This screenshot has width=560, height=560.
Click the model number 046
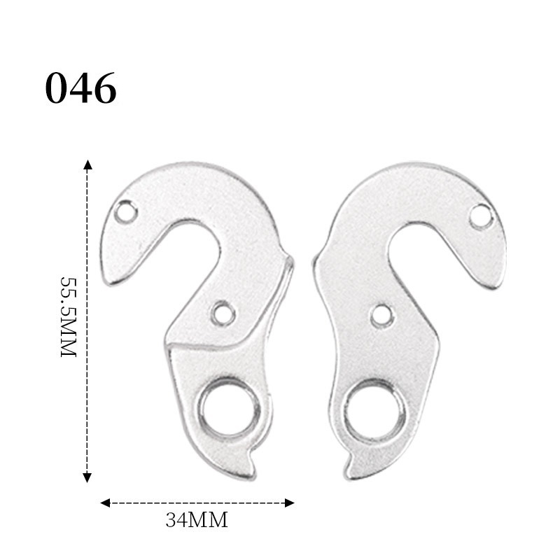click(80, 89)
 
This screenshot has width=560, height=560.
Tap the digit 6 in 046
click(104, 89)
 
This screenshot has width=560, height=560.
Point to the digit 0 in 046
click(57, 89)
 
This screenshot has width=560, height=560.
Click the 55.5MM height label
click(68, 316)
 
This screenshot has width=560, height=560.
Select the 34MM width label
click(197, 521)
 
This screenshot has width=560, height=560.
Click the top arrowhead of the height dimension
click(87, 165)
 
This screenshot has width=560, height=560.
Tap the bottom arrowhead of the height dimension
click(87, 477)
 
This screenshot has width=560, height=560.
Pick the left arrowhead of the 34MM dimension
click(105, 503)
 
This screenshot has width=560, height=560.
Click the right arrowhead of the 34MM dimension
click(289, 503)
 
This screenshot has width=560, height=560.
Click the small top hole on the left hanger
click(126, 211)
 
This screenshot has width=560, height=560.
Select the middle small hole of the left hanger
click(223, 313)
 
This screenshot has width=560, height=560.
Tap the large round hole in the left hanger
click(229, 409)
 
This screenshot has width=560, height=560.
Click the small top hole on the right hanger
click(481, 216)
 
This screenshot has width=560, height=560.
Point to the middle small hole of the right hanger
click(381, 316)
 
